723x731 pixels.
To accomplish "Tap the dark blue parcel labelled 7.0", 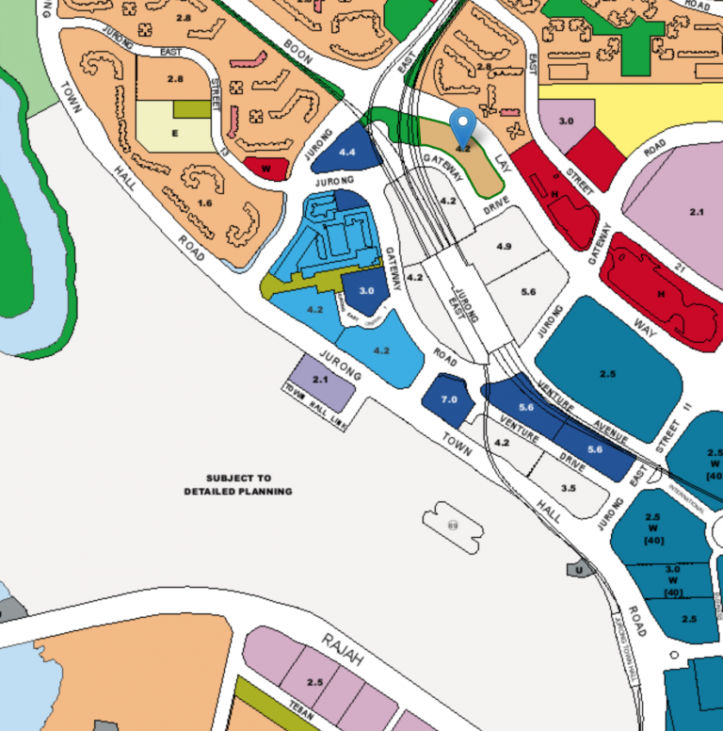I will click(x=449, y=399).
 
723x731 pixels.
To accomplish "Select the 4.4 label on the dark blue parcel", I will click(x=346, y=151).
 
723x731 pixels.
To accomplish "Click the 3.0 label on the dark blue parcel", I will click(x=366, y=291).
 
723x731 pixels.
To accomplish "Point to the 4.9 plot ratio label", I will click(x=504, y=246).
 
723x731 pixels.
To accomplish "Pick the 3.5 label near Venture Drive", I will click(x=568, y=488).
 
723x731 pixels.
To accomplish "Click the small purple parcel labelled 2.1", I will click(x=320, y=379).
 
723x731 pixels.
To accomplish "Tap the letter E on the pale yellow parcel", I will click(x=173, y=134).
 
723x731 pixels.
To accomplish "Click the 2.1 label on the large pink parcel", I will click(x=697, y=213).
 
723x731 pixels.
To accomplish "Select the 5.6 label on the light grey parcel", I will click(x=527, y=292).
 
